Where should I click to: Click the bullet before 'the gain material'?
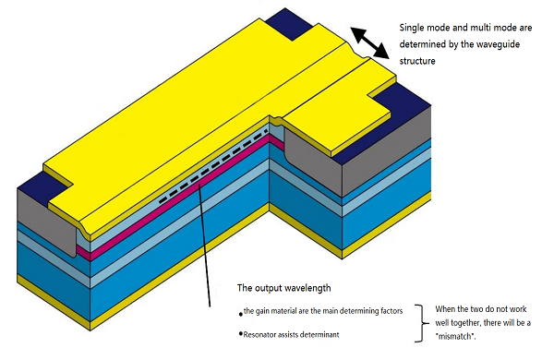239,312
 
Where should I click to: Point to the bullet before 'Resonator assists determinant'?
239,332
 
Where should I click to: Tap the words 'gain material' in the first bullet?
283,312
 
